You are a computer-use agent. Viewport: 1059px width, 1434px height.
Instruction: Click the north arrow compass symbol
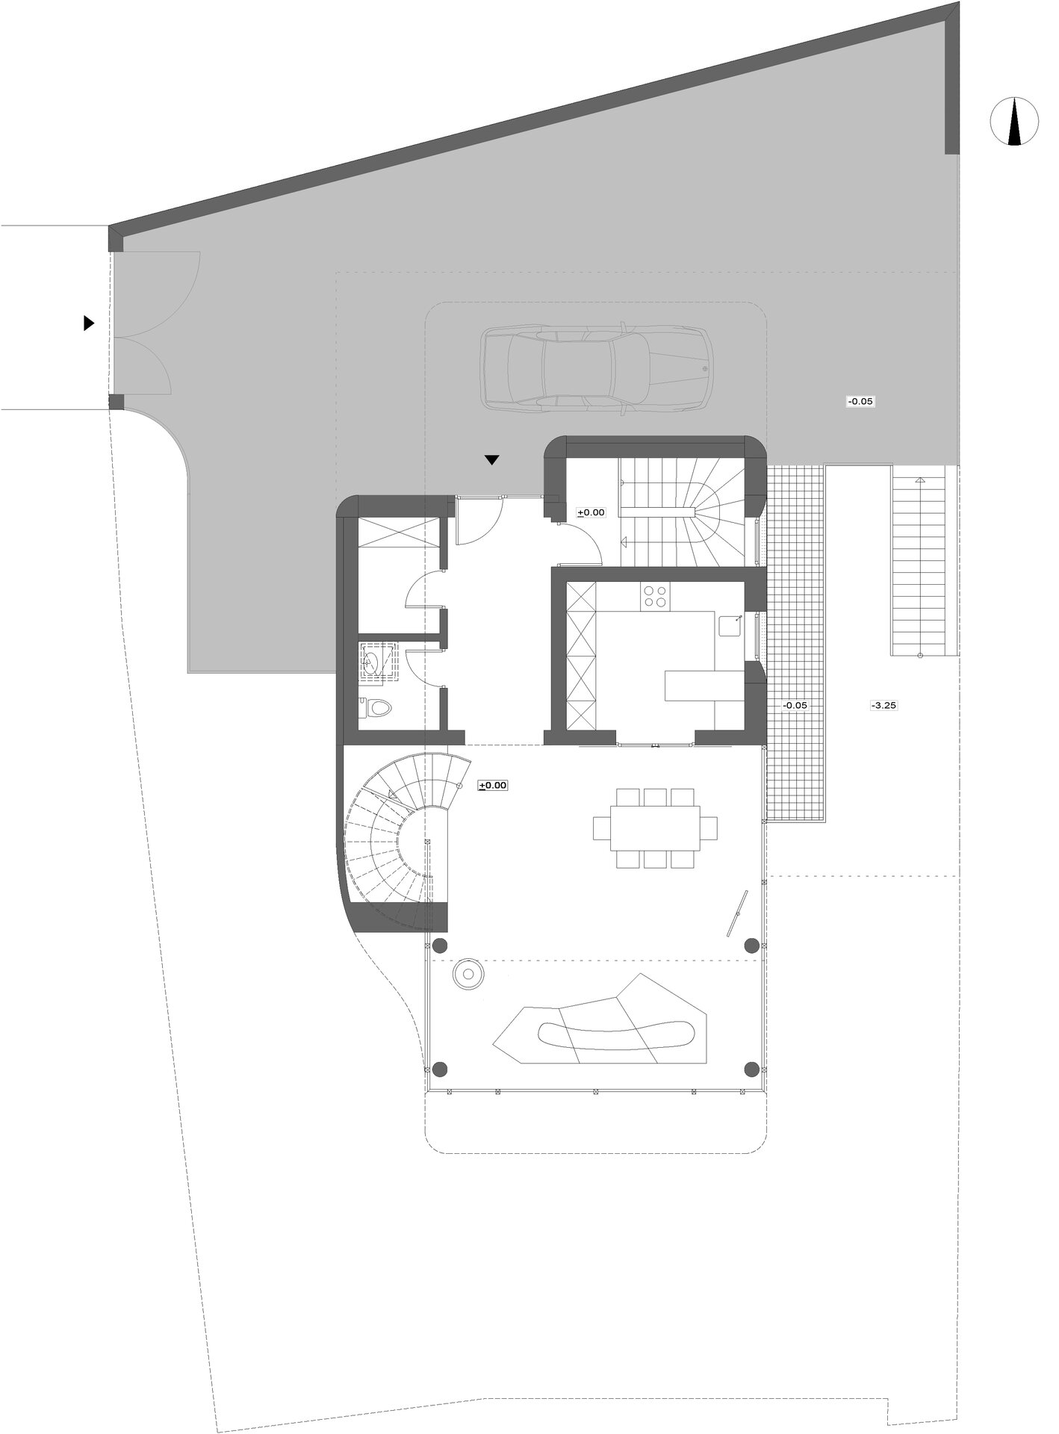coord(1013,121)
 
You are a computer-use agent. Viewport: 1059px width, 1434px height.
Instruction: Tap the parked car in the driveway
coord(596,367)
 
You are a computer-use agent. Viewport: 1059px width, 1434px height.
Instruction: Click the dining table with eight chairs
coord(655,828)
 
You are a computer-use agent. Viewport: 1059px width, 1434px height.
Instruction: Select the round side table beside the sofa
coord(469,975)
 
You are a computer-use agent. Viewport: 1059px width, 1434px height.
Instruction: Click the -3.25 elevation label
coord(883,704)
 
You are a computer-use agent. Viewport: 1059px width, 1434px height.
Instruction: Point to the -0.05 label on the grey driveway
coord(860,401)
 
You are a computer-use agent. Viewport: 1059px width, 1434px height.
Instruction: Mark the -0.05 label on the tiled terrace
coord(795,704)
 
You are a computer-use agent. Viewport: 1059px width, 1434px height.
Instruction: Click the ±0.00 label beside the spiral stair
coord(493,785)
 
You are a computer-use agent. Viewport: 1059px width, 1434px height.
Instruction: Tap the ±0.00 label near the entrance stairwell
coord(591,512)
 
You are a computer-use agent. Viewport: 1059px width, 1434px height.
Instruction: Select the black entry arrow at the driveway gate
coord(89,323)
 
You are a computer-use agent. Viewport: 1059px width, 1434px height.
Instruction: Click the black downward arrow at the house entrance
coord(491,460)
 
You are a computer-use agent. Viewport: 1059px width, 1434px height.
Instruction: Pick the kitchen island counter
coord(704,686)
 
